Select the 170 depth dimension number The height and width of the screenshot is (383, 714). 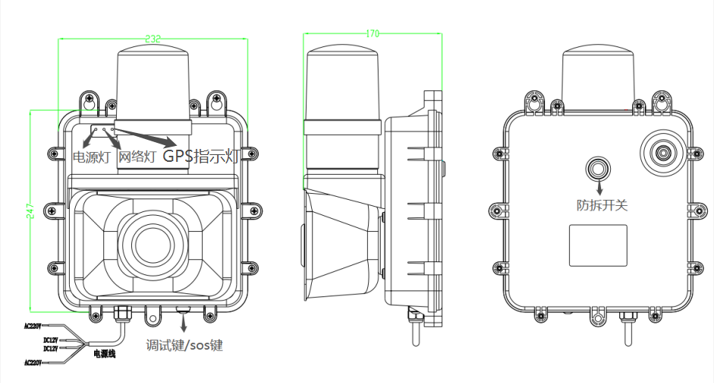372,33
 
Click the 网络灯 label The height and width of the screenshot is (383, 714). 138,157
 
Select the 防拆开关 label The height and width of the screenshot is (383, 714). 602,204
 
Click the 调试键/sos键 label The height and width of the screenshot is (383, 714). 185,345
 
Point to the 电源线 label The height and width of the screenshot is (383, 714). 105,353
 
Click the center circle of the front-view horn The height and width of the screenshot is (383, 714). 154,243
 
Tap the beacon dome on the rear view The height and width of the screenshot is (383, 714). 598,76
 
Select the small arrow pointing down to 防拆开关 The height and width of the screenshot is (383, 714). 600,187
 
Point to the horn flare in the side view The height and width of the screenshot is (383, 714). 341,243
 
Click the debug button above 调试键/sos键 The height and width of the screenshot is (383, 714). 182,309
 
